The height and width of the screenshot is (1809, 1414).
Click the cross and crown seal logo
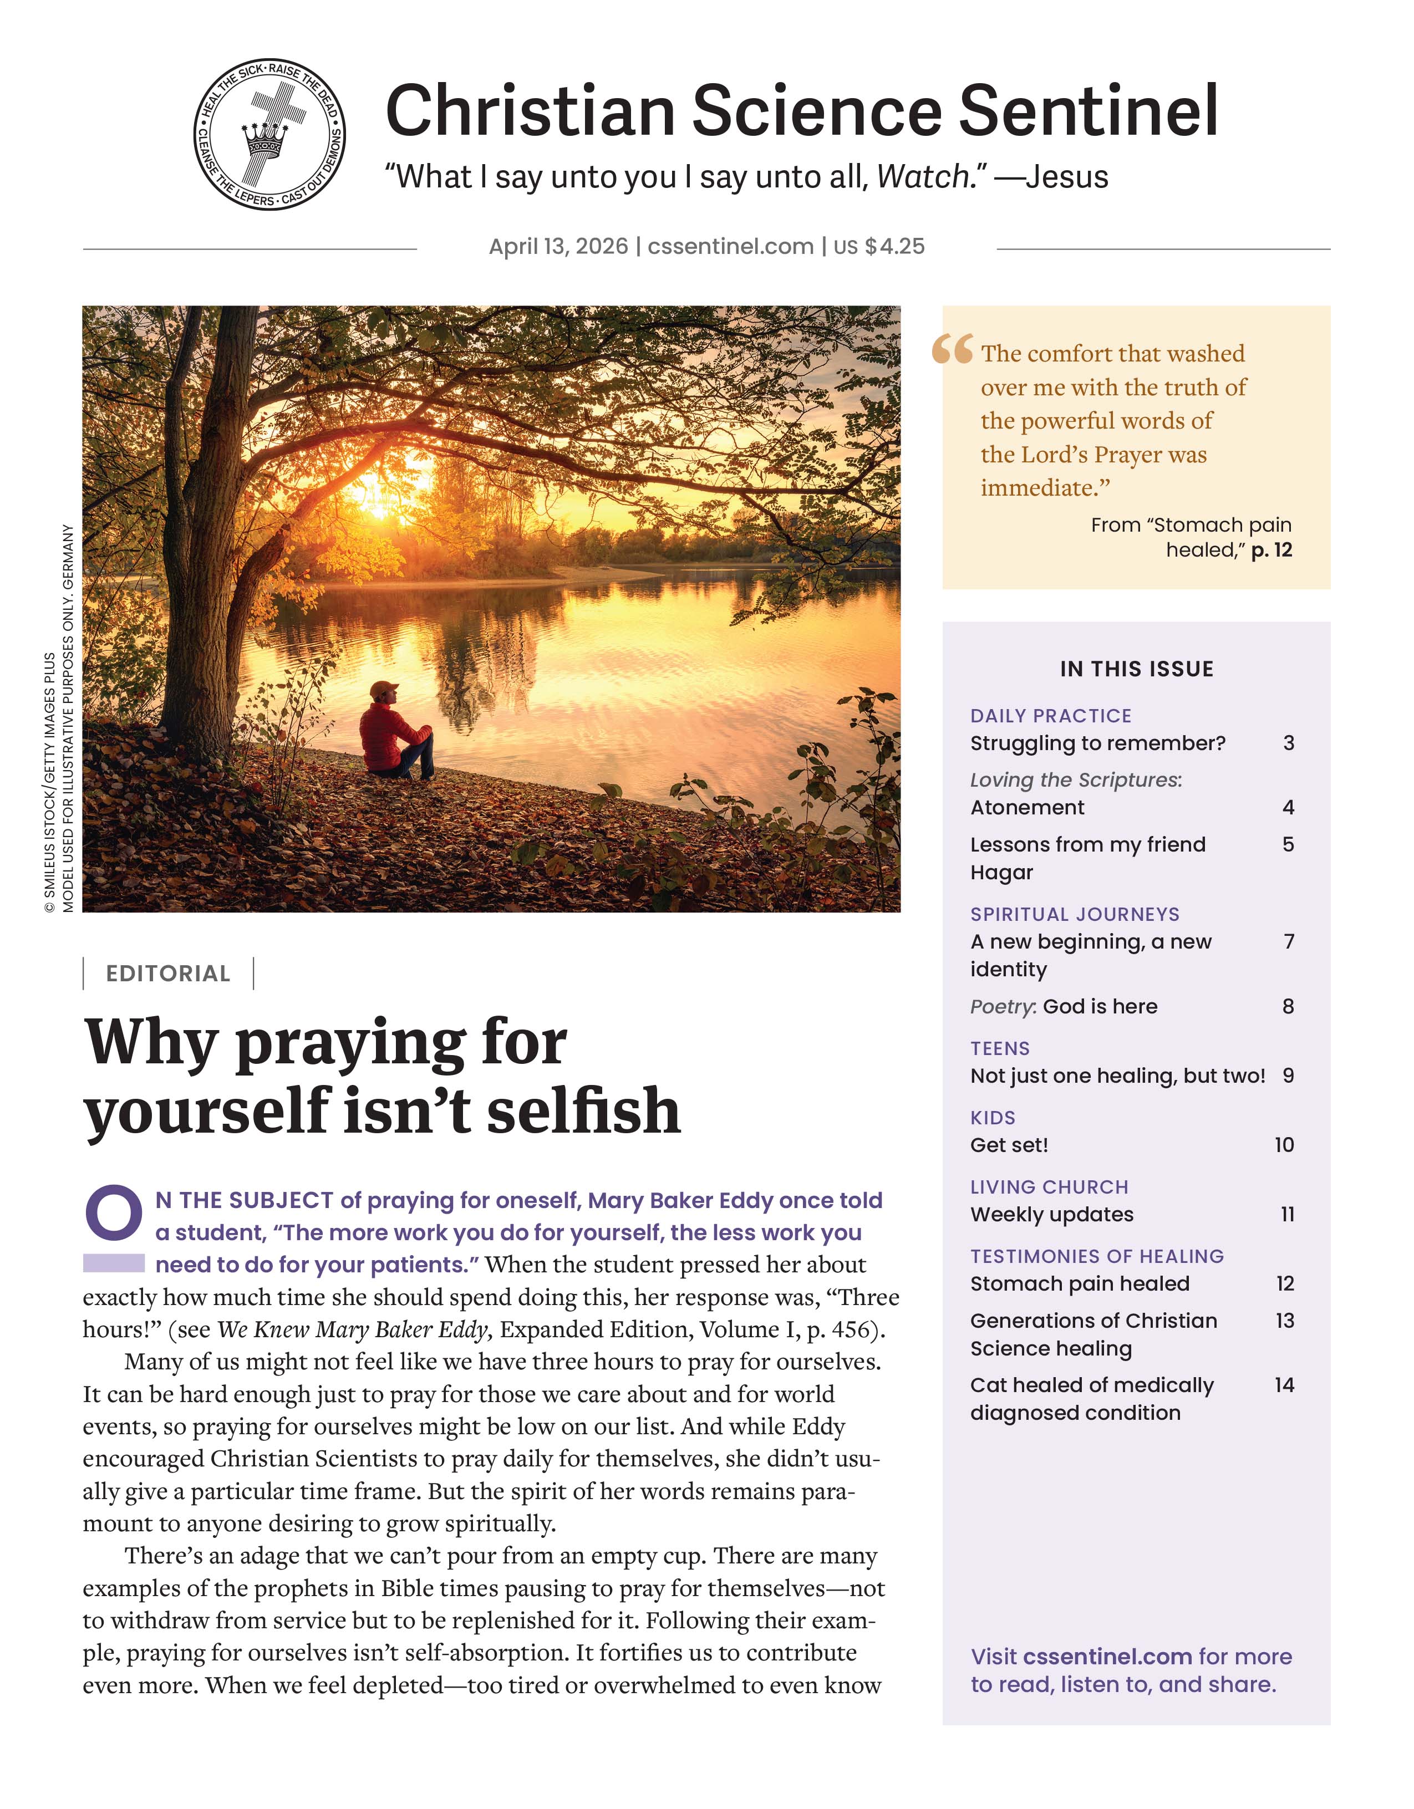(x=269, y=134)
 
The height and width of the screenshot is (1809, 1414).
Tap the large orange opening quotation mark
(x=952, y=349)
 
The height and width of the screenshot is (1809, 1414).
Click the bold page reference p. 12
(x=1271, y=550)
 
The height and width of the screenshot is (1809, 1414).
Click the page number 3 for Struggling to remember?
(x=1288, y=743)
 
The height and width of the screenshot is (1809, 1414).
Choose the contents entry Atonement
(x=1027, y=808)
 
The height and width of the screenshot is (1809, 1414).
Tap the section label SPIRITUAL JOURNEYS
(x=1075, y=914)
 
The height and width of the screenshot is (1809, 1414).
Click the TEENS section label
(x=1000, y=1048)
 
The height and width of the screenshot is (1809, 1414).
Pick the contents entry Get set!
(x=1009, y=1145)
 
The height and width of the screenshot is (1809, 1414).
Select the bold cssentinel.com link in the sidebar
(x=1107, y=1657)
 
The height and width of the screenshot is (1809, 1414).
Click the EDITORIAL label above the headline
(x=168, y=974)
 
